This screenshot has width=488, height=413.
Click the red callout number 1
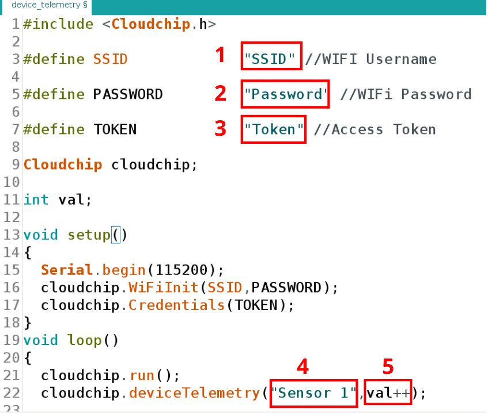click(220, 55)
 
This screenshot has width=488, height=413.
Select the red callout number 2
click(220, 93)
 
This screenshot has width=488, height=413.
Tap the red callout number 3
click(220, 128)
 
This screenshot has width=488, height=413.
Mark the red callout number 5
click(388, 366)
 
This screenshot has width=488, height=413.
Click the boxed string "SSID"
click(271, 59)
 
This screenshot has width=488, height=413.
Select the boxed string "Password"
click(286, 94)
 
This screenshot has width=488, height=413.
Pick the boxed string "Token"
click(274, 129)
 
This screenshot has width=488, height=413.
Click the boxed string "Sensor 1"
click(313, 393)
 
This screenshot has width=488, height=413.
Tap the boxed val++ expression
click(388, 393)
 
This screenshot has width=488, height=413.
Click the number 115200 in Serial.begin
click(183, 270)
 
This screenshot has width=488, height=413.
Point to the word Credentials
click(176, 305)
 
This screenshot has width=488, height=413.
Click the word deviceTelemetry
click(194, 393)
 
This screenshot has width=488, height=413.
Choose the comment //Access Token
click(374, 129)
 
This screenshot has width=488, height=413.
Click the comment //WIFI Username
click(370, 59)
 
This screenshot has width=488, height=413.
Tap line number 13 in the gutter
click(12, 235)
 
